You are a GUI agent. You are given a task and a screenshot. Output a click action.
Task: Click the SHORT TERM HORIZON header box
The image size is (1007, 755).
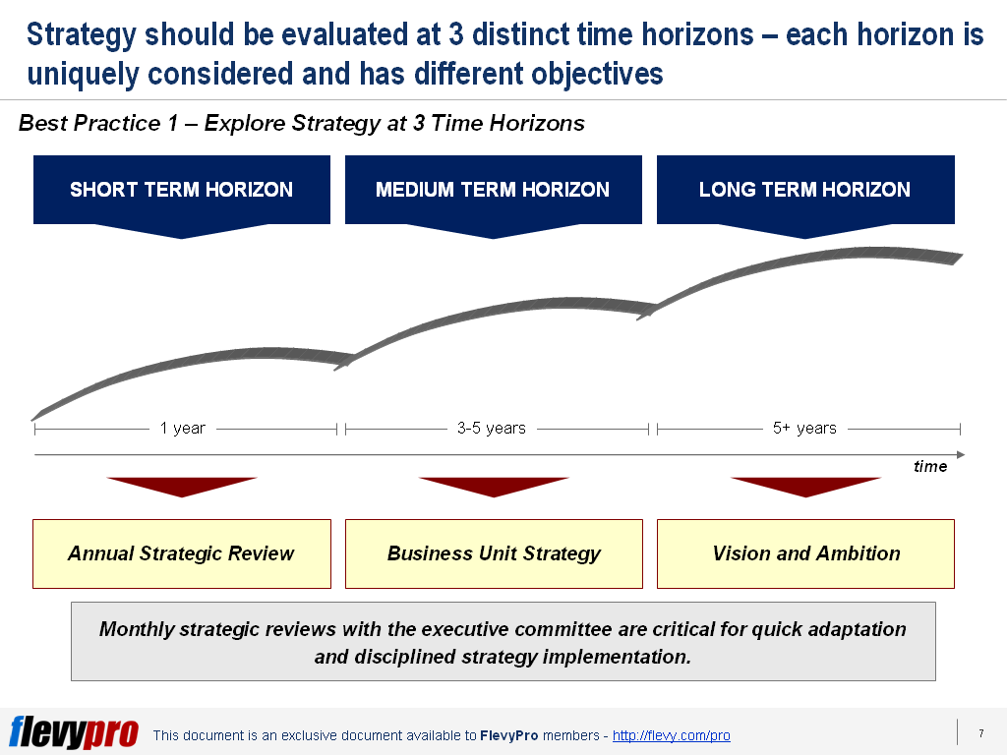[x=181, y=190]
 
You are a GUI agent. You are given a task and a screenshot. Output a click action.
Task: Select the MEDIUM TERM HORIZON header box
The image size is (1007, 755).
[x=493, y=190]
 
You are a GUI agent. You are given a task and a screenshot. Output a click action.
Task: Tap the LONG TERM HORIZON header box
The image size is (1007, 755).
[x=804, y=190]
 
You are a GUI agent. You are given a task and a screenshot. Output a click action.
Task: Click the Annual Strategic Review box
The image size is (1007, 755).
[x=181, y=553]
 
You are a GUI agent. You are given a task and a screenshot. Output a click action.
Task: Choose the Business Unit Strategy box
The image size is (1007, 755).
[x=493, y=553]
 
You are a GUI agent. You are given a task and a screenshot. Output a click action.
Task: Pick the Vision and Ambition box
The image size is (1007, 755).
[x=805, y=553]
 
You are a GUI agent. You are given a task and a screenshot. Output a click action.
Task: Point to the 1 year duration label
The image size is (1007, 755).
[x=183, y=429]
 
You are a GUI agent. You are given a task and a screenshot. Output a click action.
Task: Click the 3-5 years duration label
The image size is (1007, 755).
[x=492, y=429]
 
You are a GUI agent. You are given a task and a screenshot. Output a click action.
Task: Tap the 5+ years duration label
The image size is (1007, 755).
[x=804, y=429]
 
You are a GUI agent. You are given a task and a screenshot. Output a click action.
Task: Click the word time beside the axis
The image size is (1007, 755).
[x=929, y=467]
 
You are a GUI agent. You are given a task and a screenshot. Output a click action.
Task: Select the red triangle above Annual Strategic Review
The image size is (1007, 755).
[x=182, y=486]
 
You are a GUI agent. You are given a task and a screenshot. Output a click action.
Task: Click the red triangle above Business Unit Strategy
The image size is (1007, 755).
[x=494, y=486]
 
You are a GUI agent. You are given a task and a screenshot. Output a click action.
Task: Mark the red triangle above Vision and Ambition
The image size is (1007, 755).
[x=805, y=486]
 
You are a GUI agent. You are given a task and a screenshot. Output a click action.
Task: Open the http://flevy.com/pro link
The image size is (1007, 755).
[x=671, y=735]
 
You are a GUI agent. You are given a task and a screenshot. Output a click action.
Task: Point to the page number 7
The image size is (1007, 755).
[x=980, y=733]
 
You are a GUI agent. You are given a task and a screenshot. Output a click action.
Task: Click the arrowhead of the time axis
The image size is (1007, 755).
[x=960, y=454]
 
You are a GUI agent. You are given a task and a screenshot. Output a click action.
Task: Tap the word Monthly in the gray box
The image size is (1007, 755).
[x=136, y=629]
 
